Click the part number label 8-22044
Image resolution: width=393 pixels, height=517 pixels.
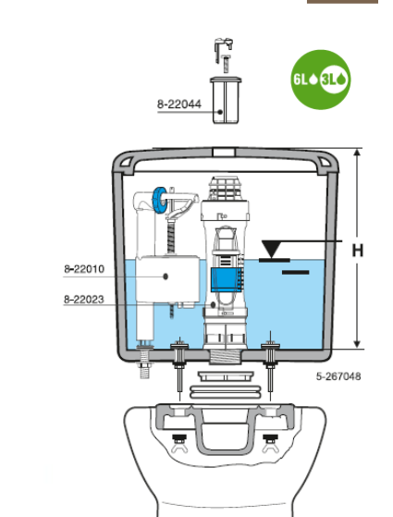tap(179, 105)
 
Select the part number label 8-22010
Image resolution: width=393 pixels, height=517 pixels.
tap(84, 269)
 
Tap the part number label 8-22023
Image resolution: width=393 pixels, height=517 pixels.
tap(84, 300)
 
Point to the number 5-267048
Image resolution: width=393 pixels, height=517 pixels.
tap(338, 376)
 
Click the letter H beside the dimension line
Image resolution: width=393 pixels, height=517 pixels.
tap(358, 251)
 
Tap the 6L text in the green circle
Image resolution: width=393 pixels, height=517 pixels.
tap(301, 80)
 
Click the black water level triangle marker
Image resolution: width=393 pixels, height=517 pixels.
tap(271, 248)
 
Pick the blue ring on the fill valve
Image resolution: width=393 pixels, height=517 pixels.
tap(160, 201)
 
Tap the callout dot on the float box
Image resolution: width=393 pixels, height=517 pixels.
tap(166, 277)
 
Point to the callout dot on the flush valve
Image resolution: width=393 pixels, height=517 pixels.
tap(213, 304)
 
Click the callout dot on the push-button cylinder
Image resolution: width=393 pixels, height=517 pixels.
tap(220, 112)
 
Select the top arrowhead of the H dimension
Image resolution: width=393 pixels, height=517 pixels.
tap(357, 153)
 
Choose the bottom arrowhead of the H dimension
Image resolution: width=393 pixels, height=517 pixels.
tap(357, 344)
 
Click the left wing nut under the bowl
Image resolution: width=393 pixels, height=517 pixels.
tap(179, 443)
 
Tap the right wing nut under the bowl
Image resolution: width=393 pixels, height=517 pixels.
tap(270, 443)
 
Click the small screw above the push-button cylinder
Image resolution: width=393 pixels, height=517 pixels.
tap(226, 64)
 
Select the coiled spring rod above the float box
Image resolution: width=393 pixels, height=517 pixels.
tap(171, 238)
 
